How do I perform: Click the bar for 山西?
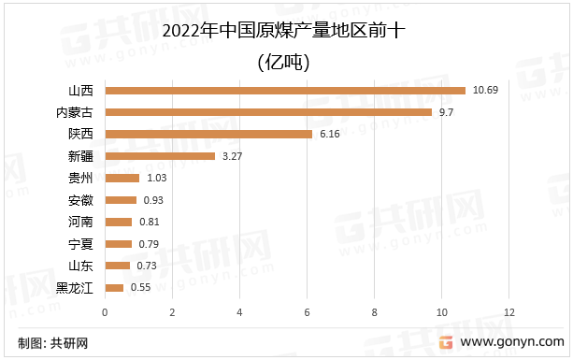pyautogui.click(x=285, y=91)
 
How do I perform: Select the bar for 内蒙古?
pyautogui.click(x=268, y=112)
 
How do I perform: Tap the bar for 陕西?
pyautogui.click(x=208, y=135)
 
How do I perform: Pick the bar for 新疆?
pyautogui.click(x=160, y=156)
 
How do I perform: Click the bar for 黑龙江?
pyautogui.click(x=114, y=288)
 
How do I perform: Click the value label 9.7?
pyautogui.click(x=447, y=112)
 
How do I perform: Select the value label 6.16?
pyautogui.click(x=330, y=135)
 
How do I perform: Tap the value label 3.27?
pyautogui.click(x=233, y=156)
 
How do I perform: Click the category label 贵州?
pyautogui.click(x=80, y=178)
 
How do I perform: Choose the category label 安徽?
pyautogui.click(x=80, y=200)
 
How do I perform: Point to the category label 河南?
pyautogui.click(x=80, y=222)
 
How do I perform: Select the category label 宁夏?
pyautogui.click(x=80, y=244)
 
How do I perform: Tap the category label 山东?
pyautogui.click(x=80, y=266)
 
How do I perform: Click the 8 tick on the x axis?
pyautogui.click(x=374, y=311)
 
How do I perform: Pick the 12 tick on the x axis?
pyautogui.click(x=509, y=311)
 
